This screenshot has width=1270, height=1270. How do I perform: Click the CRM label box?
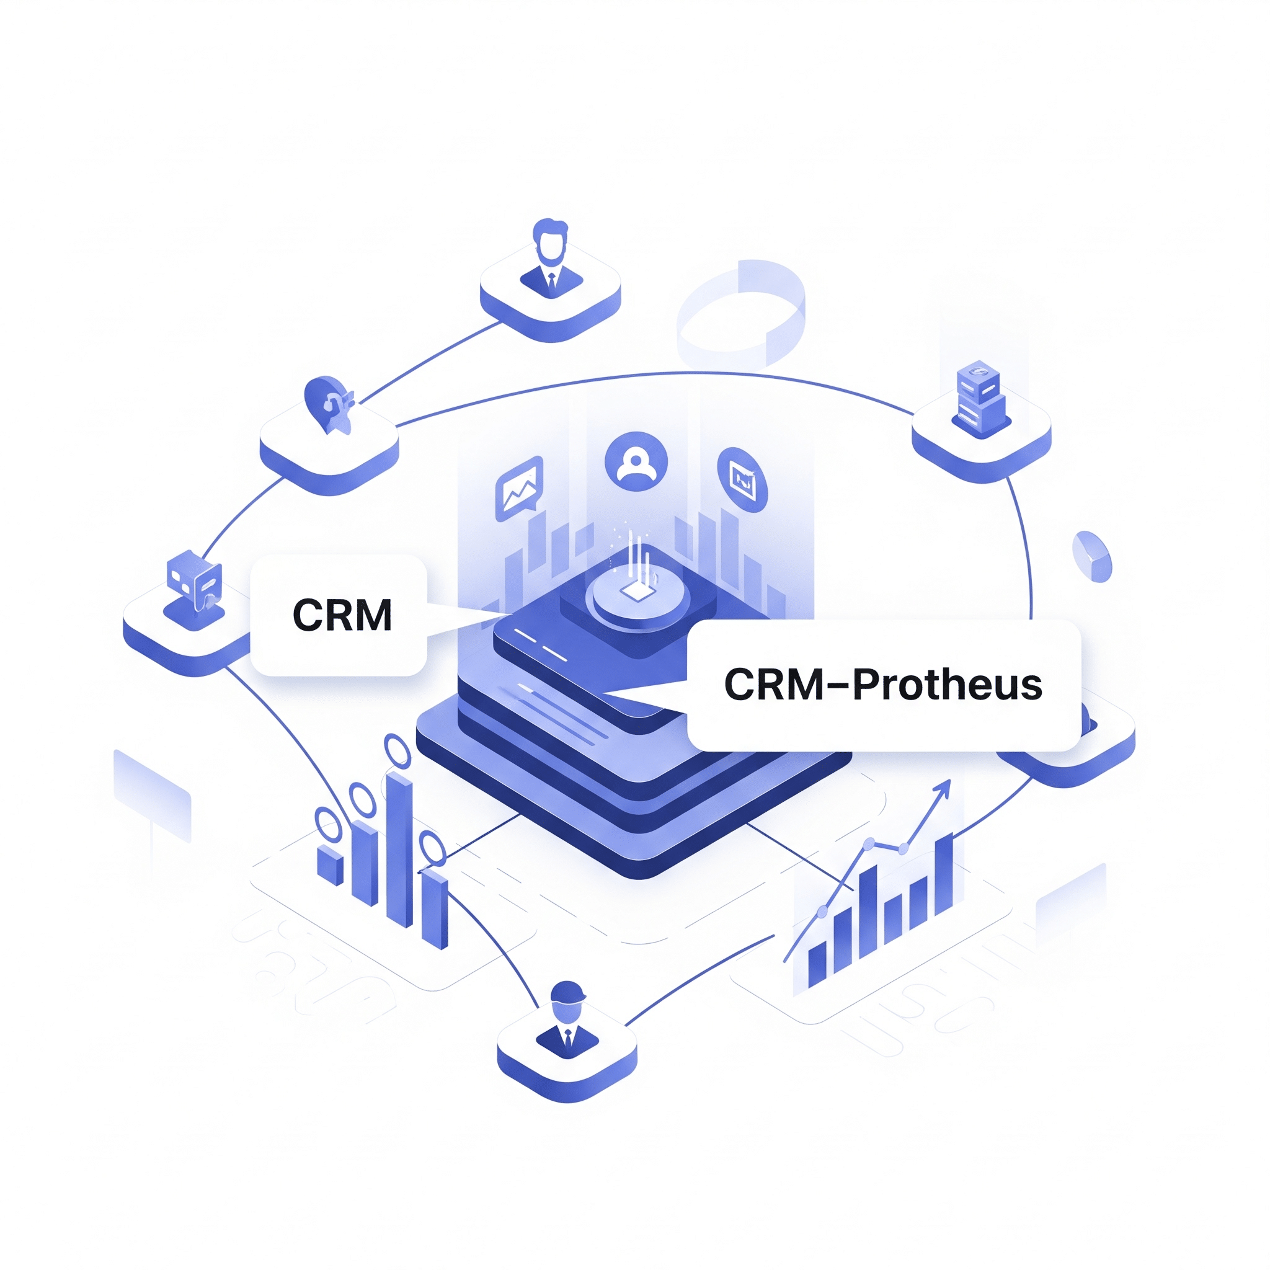click(x=339, y=615)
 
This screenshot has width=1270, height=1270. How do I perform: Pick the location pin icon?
click(x=329, y=404)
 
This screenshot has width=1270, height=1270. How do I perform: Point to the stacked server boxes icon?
click(x=981, y=399)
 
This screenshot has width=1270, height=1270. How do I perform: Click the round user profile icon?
click(x=636, y=461)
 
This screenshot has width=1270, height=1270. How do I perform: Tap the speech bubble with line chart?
click(x=519, y=488)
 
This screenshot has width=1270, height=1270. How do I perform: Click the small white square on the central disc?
click(x=635, y=590)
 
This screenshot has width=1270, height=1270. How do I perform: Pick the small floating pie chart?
click(x=1092, y=556)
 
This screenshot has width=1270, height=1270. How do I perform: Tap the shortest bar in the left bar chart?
click(x=330, y=865)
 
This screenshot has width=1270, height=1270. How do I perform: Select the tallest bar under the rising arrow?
click(x=943, y=875)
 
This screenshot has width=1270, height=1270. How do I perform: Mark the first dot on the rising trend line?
click(x=822, y=912)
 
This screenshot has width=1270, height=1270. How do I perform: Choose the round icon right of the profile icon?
click(x=743, y=479)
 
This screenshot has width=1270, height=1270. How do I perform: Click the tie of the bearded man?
click(x=551, y=282)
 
